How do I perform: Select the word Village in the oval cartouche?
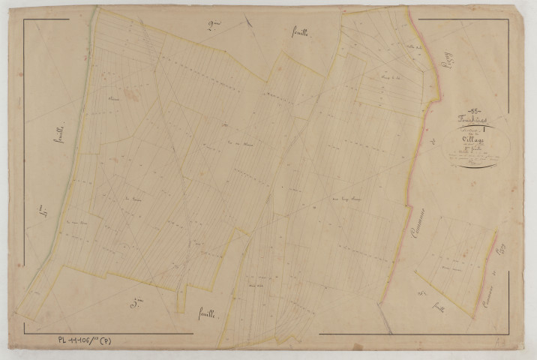click(x=475, y=138)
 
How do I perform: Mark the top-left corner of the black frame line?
click(x=24, y=19)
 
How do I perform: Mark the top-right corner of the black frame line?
click(x=509, y=19)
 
